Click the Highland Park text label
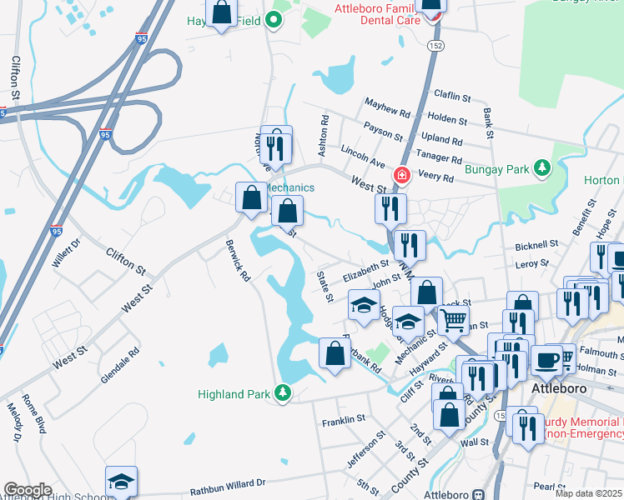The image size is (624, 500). click(236, 393)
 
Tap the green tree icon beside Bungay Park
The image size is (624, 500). click(542, 169)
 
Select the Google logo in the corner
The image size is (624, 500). click(28, 490)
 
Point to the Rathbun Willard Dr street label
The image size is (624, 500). click(227, 483)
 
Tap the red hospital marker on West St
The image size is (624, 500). click(401, 175)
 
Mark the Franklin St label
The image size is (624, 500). click(344, 419)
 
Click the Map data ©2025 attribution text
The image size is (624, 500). click(589, 493)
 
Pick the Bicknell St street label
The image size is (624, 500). click(536, 246)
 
